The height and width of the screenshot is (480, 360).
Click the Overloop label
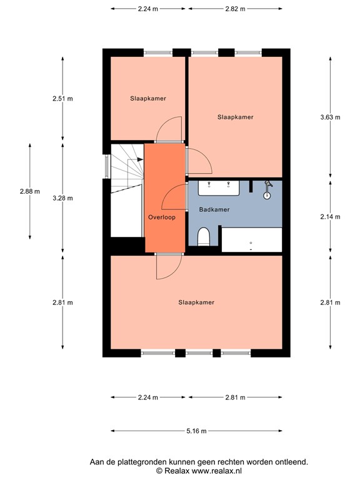coord(162,217)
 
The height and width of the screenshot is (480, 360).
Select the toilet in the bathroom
coord(203,237)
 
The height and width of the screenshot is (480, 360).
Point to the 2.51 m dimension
coord(62,99)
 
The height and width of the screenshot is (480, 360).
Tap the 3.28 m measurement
coord(62,198)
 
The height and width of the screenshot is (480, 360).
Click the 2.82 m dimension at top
coord(234,9)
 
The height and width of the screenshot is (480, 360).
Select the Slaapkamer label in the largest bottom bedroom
coord(196,302)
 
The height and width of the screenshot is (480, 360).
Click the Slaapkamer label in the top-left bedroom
coord(148,99)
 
